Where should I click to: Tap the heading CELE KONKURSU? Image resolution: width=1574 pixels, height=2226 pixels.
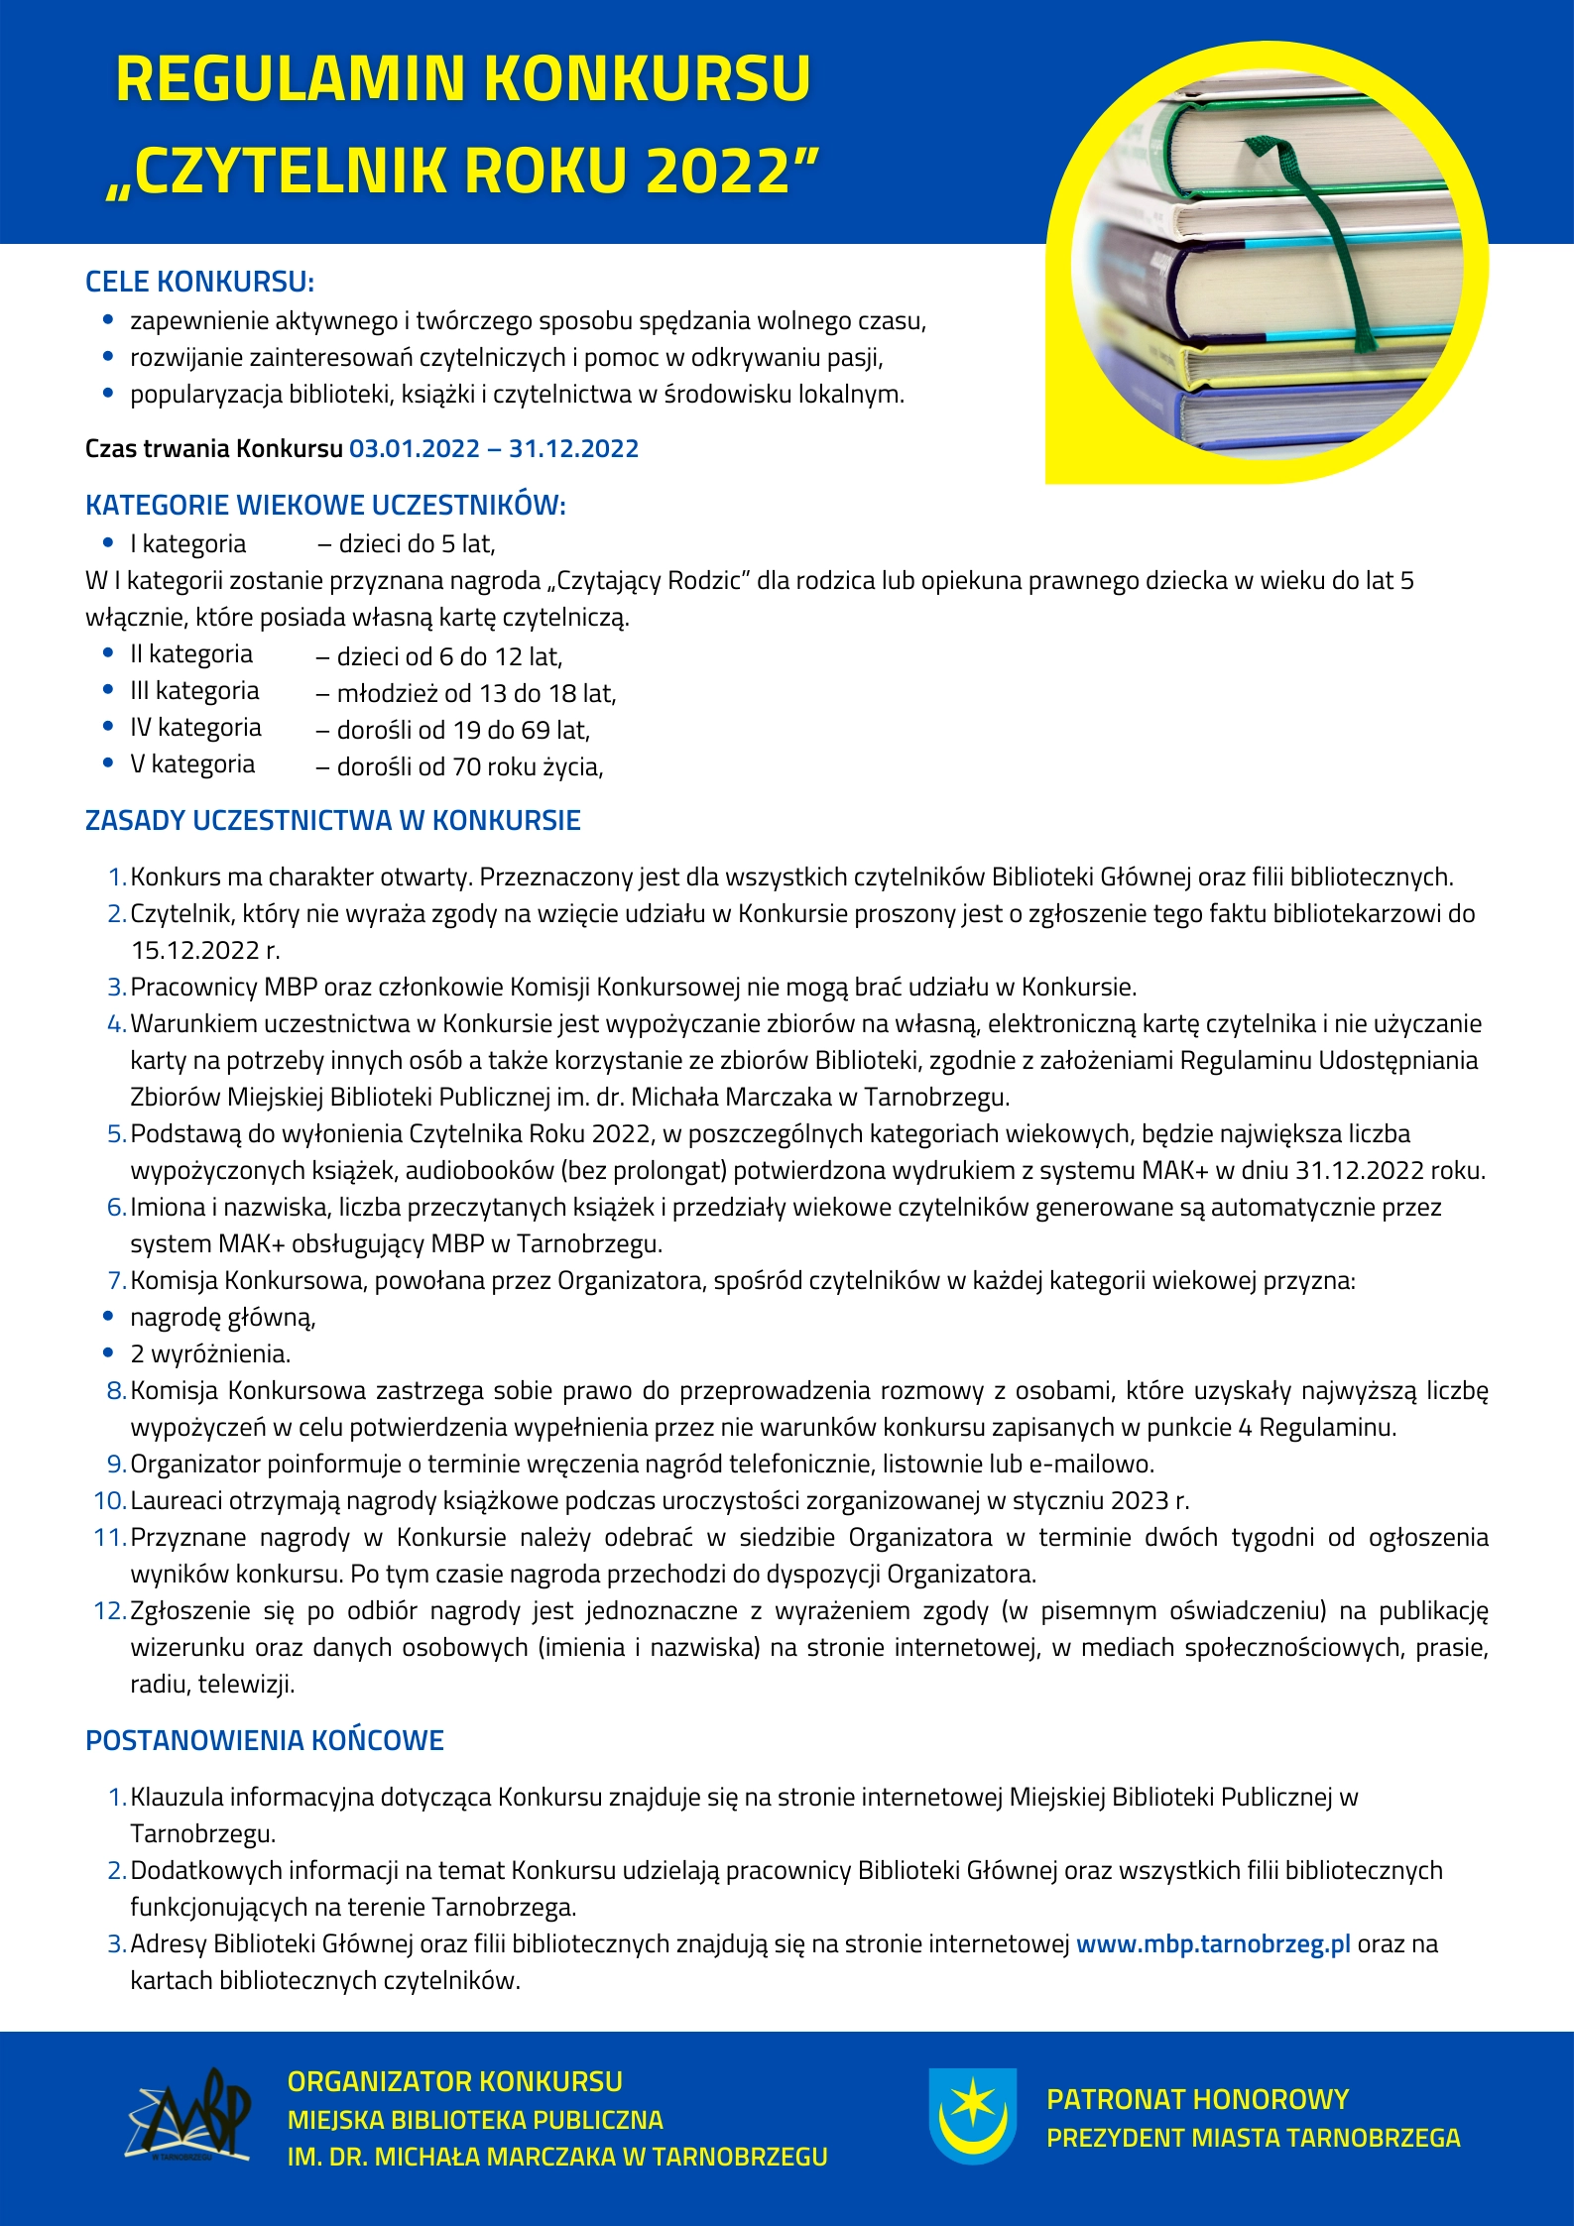199,282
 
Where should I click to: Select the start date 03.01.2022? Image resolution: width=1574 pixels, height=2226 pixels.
415,449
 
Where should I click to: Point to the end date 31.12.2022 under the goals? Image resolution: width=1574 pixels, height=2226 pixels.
573,449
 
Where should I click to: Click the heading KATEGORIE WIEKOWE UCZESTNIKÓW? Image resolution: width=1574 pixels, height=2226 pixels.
325,506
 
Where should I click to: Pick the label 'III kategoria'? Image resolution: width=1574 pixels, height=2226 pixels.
194,691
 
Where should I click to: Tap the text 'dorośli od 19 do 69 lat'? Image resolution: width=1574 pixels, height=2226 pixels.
462,731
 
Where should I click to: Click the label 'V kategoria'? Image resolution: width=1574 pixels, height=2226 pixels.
192,764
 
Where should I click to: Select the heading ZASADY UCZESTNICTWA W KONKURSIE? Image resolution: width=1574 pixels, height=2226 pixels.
333,821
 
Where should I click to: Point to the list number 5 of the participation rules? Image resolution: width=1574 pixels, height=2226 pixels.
116,1133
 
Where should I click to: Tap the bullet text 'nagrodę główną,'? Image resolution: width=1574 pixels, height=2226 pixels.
223,1318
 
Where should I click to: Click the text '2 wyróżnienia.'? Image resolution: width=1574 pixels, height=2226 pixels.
210,1354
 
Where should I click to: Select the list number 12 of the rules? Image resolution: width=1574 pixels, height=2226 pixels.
109,1611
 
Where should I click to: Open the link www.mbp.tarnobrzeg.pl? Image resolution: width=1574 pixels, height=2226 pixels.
1213,1944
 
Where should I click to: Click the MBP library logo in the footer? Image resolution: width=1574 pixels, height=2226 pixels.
189,2117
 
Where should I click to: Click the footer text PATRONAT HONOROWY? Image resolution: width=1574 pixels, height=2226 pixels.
1198,2099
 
